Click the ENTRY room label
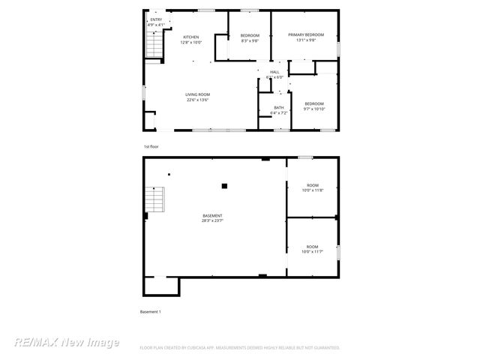point(155,19)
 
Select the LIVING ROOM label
point(197,94)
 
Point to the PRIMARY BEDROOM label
point(305,34)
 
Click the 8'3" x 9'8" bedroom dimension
point(250,41)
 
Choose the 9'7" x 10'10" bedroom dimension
point(314,109)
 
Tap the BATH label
point(279,107)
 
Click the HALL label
point(275,72)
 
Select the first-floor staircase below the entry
point(154,47)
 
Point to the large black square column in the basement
point(223,186)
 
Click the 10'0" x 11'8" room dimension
point(312,190)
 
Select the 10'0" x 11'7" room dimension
point(312,252)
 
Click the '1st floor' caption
point(151,146)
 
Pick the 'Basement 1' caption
point(151,311)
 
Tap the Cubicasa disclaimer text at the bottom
point(240,348)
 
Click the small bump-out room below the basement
point(161,286)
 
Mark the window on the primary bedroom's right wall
point(338,47)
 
